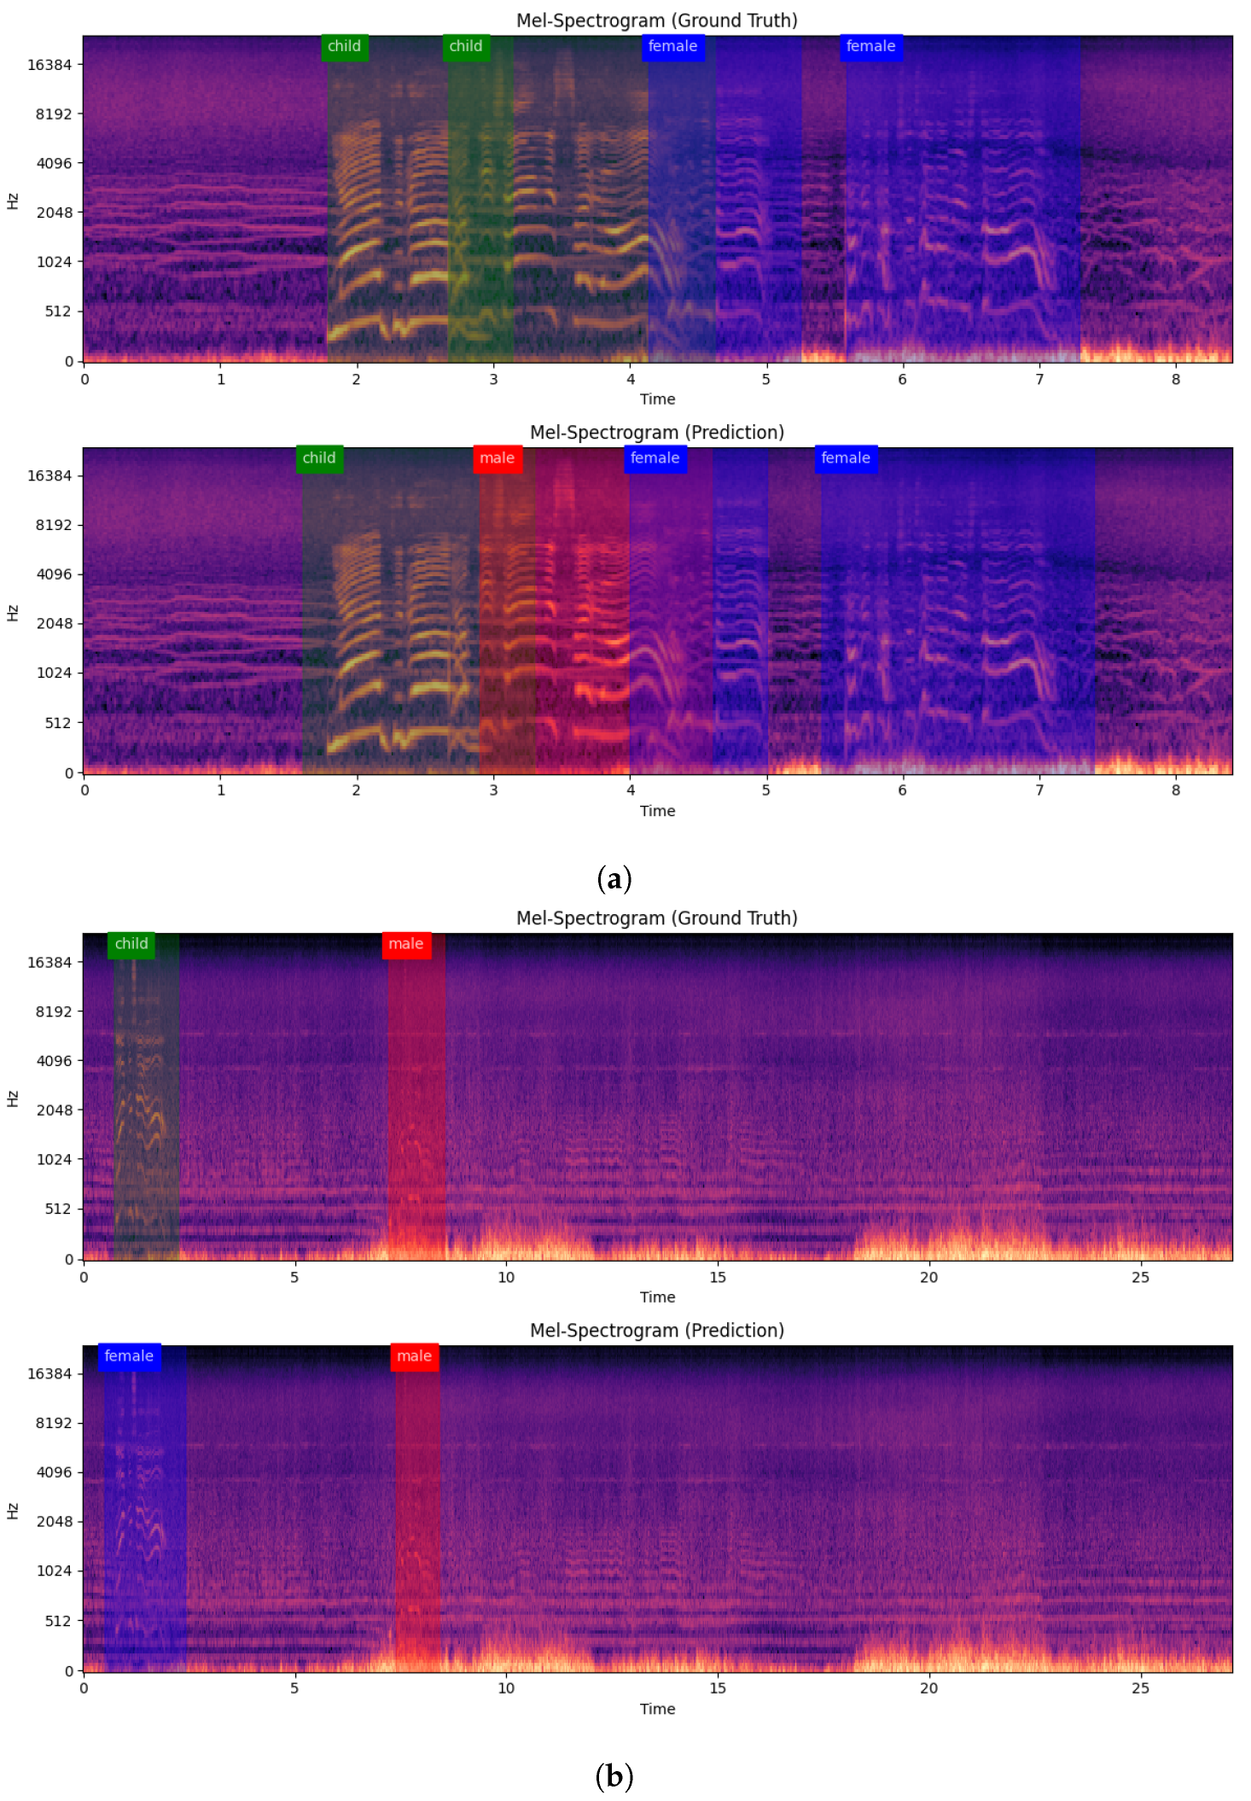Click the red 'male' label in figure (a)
tap(497, 458)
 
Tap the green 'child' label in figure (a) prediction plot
tap(319, 458)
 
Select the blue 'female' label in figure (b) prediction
tap(129, 1356)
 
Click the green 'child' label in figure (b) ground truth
tap(131, 944)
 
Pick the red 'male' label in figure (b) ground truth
tap(406, 944)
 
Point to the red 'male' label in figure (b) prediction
tap(414, 1356)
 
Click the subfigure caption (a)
tap(614, 878)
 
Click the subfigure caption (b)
tap(614, 1776)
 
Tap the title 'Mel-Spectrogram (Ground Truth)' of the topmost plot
tap(657, 20)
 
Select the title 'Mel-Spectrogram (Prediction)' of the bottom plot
tap(657, 1331)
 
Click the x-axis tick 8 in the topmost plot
tap(1176, 379)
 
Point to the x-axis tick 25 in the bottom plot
tap(1140, 1688)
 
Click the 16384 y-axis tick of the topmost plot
tap(49, 65)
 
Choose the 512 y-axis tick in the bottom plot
tap(58, 1621)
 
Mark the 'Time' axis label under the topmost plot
tap(657, 399)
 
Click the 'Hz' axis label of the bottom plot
tap(13, 1512)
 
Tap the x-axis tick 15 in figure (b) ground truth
tap(718, 1277)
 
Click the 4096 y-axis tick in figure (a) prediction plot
tap(54, 574)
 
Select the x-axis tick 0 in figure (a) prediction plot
tap(84, 790)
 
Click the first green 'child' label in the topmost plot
tap(344, 47)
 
